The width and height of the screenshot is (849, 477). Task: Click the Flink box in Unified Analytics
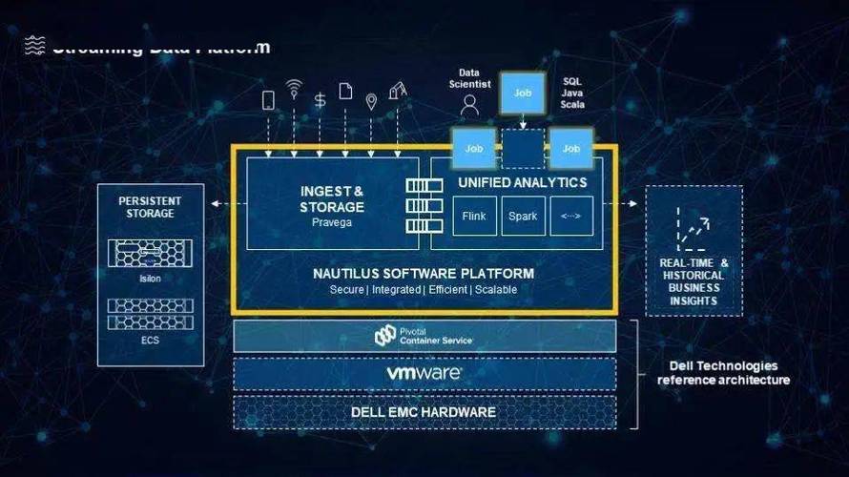474,216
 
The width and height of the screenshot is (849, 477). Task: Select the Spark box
522,216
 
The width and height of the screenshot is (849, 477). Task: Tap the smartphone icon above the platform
268,99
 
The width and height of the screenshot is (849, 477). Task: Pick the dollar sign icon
320,98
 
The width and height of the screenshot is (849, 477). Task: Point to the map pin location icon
371,100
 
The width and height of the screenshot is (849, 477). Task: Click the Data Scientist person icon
468,105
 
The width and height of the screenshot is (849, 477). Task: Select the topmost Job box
523,93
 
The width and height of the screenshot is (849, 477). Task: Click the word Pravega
332,221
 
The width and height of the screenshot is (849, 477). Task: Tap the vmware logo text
424,372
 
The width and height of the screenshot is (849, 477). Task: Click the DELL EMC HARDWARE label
424,412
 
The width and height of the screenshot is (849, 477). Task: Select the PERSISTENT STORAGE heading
150,207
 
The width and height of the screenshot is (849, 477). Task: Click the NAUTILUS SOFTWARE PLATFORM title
424,274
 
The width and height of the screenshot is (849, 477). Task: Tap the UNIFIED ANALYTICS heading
523,181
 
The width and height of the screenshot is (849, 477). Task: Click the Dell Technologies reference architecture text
723,373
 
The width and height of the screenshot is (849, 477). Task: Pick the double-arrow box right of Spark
571,216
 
